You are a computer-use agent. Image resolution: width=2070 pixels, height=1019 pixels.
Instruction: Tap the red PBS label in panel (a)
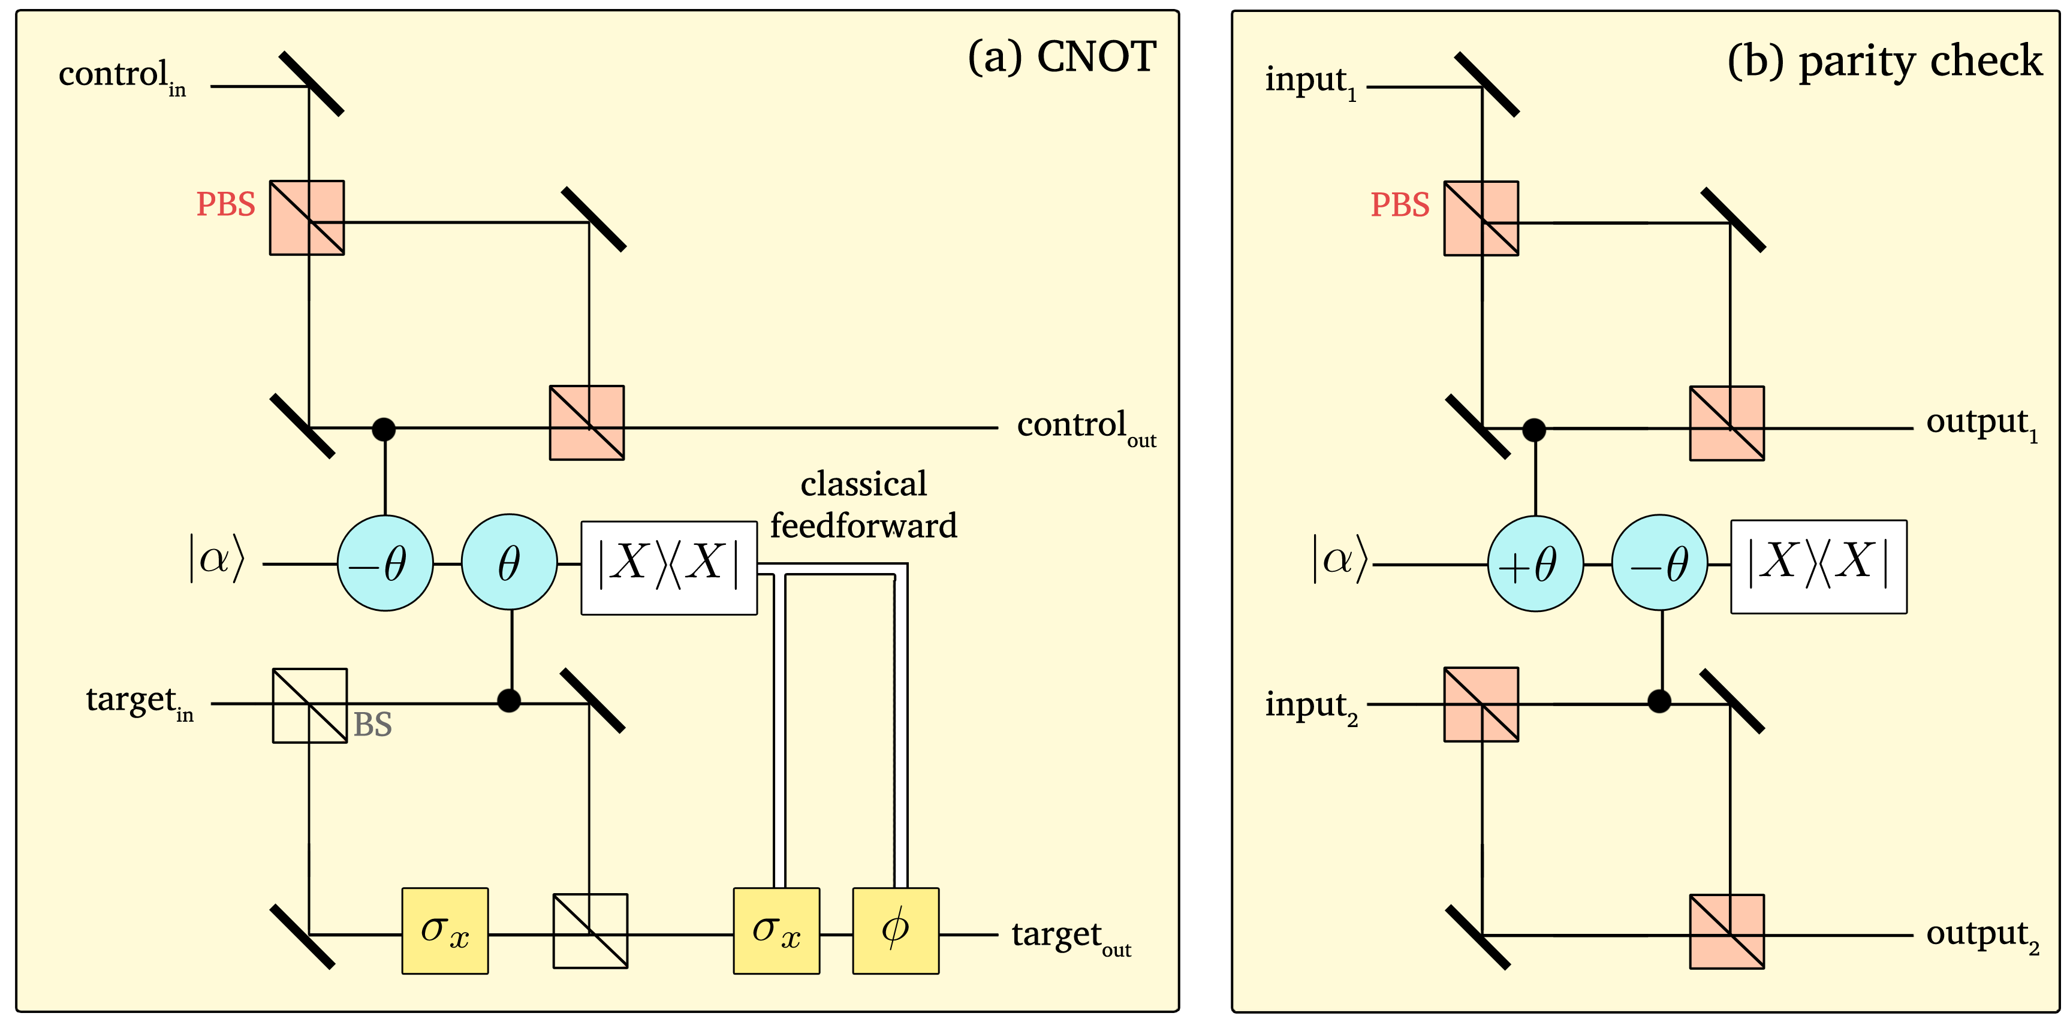tap(226, 204)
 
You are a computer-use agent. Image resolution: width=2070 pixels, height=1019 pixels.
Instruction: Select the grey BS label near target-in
tap(373, 725)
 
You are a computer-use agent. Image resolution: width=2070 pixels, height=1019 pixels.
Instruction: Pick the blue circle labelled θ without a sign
tap(510, 562)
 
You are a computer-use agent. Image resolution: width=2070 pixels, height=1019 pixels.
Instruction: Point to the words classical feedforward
tap(864, 505)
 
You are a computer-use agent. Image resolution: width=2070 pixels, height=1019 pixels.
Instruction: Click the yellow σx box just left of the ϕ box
tap(777, 931)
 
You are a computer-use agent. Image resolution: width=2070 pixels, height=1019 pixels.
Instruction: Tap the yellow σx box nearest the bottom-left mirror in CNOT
tap(445, 931)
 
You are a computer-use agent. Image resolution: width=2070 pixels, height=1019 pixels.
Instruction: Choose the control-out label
tap(1086, 429)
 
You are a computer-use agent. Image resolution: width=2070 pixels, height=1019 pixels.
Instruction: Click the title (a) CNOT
tap(1062, 57)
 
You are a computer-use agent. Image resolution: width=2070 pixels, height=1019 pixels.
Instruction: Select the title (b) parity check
tap(1884, 62)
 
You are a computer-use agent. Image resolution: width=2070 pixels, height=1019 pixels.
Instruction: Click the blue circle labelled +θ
tap(1536, 563)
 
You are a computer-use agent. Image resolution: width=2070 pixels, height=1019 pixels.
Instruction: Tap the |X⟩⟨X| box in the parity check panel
tap(1818, 566)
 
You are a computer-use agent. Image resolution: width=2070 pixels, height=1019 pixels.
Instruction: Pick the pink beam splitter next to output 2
tap(1727, 931)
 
